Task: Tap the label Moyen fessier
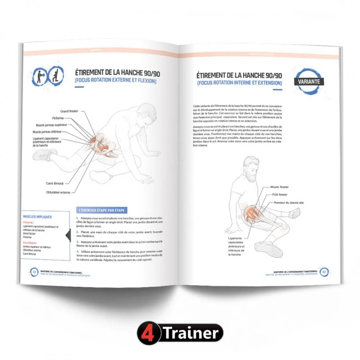(x=280, y=186)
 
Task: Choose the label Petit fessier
(x=279, y=194)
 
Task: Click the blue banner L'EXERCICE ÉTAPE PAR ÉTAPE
(x=101, y=210)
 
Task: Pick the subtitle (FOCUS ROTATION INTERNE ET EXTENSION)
(x=239, y=83)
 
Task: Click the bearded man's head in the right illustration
(x=250, y=166)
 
